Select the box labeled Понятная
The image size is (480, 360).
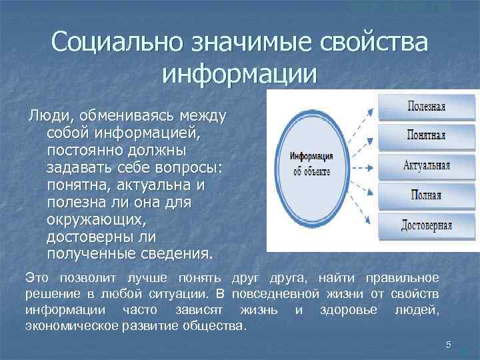427,135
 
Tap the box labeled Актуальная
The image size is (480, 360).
427,165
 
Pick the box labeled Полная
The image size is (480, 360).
427,195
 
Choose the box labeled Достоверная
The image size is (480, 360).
427,225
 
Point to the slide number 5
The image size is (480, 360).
449,345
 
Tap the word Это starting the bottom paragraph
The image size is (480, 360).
37,277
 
